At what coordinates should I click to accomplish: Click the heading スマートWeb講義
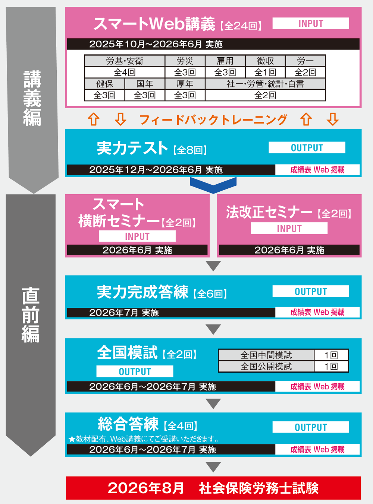pos(154,24)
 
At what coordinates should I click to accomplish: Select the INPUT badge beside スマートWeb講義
pos(311,23)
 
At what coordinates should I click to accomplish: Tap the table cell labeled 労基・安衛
pos(125,61)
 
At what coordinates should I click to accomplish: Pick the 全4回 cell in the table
pos(125,72)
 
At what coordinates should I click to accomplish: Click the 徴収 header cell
pos(265,61)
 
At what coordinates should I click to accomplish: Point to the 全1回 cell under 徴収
pos(265,72)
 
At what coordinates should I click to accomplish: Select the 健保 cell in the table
pos(104,84)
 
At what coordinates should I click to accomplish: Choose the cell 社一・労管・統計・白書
pos(265,84)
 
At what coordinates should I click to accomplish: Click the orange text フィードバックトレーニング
pos(213,119)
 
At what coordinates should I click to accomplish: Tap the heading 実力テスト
pos(132,148)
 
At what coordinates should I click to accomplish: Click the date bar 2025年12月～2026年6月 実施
pos(156,170)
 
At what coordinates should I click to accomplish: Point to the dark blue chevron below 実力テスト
pos(213,185)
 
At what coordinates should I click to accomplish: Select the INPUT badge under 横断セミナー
pos(137,236)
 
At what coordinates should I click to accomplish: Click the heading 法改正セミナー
pos(269,213)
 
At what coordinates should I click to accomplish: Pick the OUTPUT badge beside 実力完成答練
pos(311,291)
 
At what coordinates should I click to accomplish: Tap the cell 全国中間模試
pos(266,355)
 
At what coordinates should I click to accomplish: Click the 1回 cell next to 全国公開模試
pos(331,367)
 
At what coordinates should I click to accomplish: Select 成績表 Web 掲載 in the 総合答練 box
pos(317,450)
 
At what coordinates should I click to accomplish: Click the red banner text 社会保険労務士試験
pos(258,488)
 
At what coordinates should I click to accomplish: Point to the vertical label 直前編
pos(31,315)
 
